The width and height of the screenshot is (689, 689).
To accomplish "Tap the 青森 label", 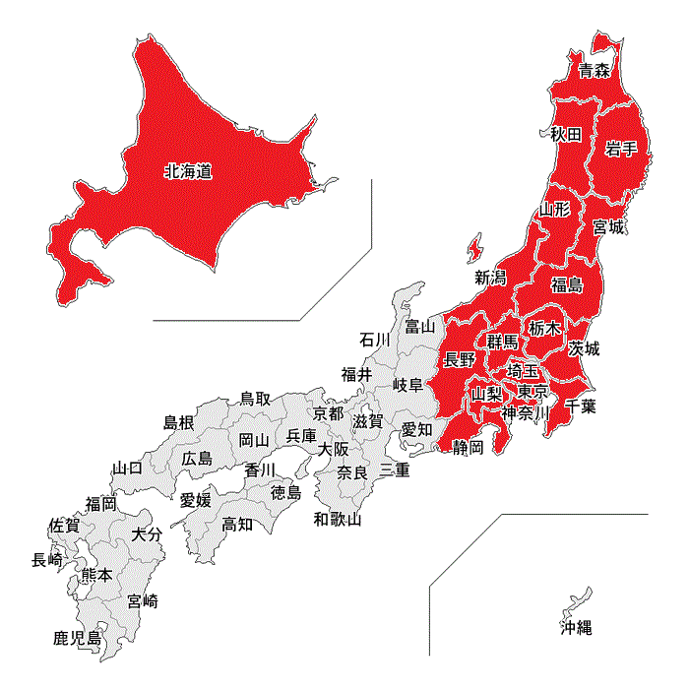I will click(595, 70).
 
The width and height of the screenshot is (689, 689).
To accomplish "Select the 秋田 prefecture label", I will click(566, 134).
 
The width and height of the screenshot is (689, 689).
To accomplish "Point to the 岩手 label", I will click(622, 149).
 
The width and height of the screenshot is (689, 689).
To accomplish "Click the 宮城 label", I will click(608, 227).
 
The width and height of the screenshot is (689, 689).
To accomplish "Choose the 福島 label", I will click(567, 285).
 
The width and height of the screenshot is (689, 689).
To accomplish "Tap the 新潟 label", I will click(490, 277).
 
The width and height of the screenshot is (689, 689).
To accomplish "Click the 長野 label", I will click(460, 359).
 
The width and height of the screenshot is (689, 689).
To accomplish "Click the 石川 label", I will click(375, 340).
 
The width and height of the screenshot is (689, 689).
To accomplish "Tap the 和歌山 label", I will click(338, 519).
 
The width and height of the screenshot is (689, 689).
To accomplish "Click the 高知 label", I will click(236, 524).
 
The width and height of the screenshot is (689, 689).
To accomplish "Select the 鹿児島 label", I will click(78, 639).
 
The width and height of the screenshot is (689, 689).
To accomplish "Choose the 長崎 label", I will click(47, 560).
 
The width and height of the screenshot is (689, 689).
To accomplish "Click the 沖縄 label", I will click(577, 627).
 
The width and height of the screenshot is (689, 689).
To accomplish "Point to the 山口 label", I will click(128, 468).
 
